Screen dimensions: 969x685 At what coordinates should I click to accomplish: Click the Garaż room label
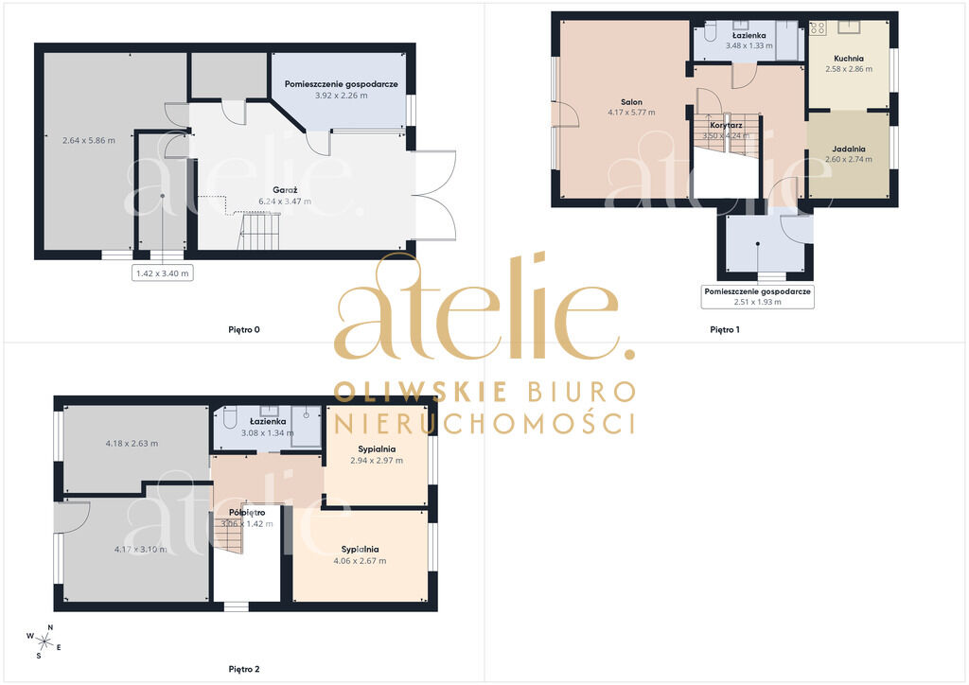coord(285,190)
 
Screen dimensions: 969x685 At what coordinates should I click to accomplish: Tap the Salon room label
coord(631,102)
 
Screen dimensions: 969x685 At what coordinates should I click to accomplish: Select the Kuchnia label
coord(849,59)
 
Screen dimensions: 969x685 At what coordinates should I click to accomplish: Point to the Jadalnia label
coord(849,149)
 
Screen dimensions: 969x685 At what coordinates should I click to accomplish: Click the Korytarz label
coord(726,126)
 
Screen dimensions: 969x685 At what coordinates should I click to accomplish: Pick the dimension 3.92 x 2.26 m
coord(341,96)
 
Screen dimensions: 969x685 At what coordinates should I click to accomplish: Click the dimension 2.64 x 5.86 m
coord(89,140)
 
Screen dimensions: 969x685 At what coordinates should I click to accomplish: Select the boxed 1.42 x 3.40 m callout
coord(163,273)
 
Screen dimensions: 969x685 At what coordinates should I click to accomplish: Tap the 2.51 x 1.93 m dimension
coord(758,302)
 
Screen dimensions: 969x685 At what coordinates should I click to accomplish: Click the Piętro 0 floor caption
coord(244,330)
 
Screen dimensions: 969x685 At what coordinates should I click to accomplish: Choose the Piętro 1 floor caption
coord(725,330)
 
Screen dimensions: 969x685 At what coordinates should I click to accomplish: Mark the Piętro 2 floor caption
coord(244,669)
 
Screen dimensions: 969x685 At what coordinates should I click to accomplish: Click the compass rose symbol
coord(44,641)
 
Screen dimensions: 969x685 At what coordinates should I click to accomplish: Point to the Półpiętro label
coord(247,513)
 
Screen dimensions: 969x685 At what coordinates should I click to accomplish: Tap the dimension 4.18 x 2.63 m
coord(132,444)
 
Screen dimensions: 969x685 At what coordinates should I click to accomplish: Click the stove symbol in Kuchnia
coord(819,27)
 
